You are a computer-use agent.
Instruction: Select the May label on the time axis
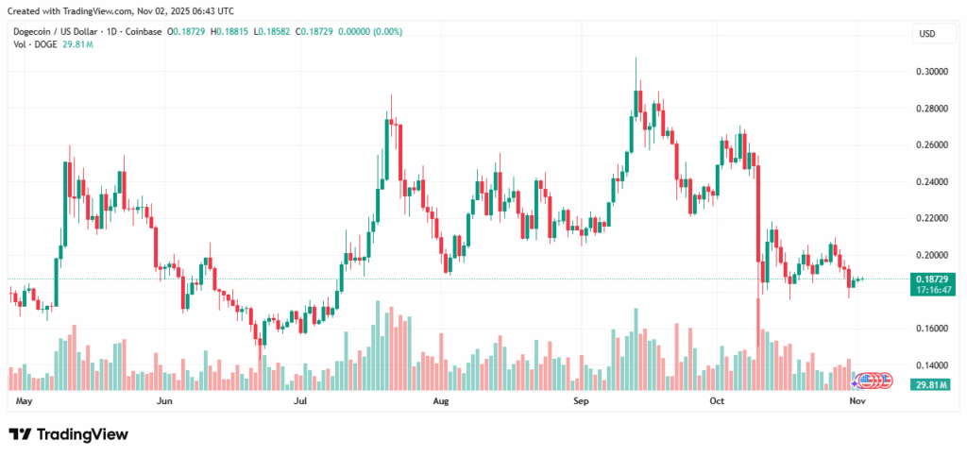pos(25,401)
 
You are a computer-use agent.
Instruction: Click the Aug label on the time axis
pos(440,401)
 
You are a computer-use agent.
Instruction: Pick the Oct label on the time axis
pos(717,401)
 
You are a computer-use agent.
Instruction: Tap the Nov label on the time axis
pos(856,401)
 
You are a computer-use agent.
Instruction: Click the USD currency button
pos(928,34)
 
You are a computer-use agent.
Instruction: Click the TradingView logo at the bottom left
pos(68,434)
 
